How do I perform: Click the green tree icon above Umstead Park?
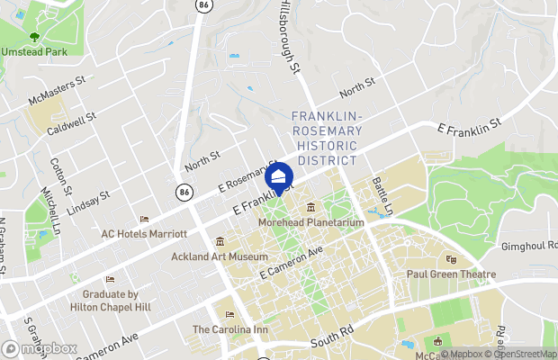(34, 38)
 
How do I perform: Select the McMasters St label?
(56, 90)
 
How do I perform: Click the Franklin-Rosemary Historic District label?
(326, 138)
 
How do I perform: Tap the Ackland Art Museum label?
(220, 256)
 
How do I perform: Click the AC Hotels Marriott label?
(144, 233)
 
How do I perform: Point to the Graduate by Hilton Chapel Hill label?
(110, 300)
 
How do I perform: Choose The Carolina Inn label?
(230, 329)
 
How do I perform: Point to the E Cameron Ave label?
(291, 262)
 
